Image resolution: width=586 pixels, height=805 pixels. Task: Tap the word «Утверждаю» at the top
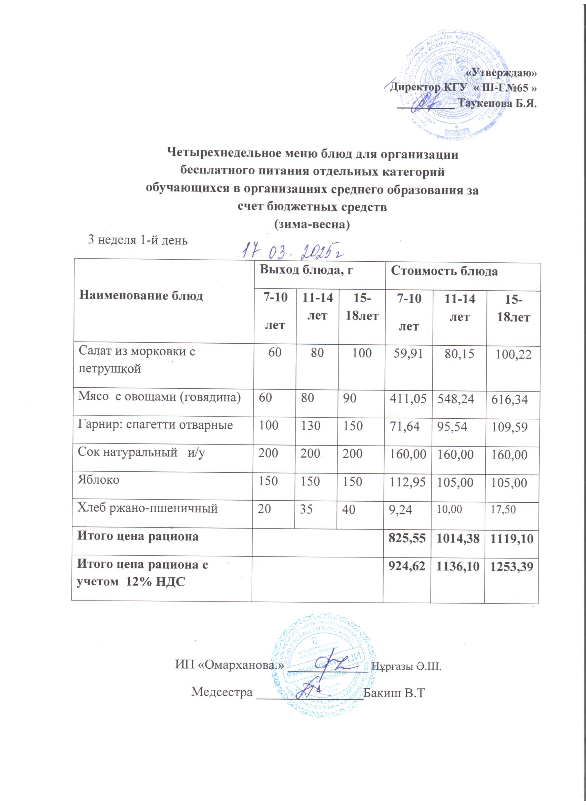pos(501,72)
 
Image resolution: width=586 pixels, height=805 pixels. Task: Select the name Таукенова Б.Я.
pos(497,104)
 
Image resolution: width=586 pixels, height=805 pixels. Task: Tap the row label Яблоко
pos(99,480)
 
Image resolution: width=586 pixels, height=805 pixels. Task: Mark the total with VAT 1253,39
pos(512,566)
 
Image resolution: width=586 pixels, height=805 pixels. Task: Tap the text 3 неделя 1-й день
pos(138,240)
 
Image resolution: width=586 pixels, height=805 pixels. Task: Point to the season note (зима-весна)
pos(312,225)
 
